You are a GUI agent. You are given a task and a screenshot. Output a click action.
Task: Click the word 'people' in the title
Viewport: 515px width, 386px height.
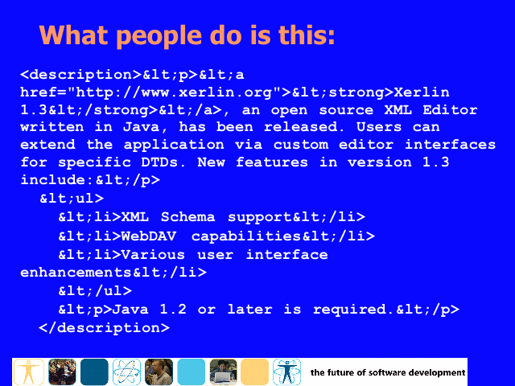(159, 36)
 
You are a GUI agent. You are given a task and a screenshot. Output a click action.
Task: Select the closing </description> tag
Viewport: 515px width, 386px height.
(104, 328)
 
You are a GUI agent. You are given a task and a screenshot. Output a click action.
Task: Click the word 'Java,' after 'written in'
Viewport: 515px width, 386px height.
(145, 127)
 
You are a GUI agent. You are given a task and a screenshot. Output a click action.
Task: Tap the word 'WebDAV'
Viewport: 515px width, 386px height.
(149, 236)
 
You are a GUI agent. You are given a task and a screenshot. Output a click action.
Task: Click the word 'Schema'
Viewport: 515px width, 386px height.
(187, 217)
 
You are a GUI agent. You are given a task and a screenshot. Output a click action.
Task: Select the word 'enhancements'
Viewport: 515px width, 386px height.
(76, 273)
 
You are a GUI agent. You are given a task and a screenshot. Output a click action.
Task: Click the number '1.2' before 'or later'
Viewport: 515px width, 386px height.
(173, 309)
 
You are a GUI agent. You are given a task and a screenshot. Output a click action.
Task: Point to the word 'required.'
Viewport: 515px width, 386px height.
(354, 309)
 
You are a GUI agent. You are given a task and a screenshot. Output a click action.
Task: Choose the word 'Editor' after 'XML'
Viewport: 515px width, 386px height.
(450, 110)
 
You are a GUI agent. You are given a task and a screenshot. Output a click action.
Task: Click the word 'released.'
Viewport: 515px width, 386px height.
(304, 127)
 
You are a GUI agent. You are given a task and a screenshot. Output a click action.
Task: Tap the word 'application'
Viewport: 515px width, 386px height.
(174, 145)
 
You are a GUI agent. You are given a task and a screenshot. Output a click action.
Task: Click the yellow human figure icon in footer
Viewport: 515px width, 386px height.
(29, 372)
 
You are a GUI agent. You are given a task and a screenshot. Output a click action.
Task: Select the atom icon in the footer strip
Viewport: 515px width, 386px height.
(126, 372)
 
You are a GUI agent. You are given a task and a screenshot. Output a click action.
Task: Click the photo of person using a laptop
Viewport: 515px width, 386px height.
(224, 372)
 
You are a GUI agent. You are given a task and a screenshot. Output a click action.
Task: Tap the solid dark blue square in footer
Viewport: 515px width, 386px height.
(94, 372)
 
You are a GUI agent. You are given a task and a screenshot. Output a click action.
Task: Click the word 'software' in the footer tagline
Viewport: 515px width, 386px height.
(385, 372)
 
